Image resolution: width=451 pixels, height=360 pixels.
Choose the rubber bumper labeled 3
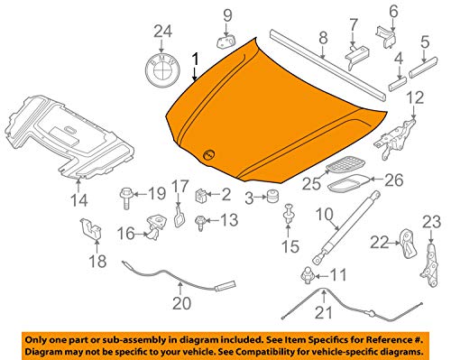coord(268,198)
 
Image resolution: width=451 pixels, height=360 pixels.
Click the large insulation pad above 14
coord(72,135)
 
